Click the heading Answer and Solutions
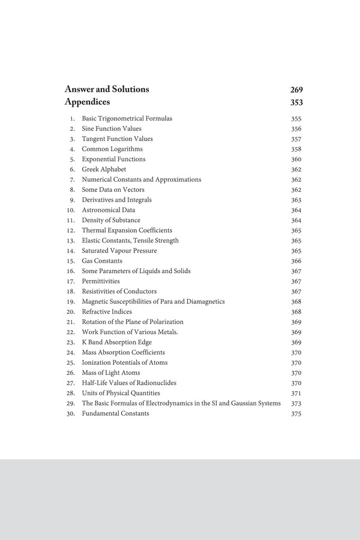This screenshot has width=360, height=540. point(107,89)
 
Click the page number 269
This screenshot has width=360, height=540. point(296,90)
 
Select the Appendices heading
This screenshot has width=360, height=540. point(87,102)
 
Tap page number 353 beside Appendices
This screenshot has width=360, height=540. point(296,103)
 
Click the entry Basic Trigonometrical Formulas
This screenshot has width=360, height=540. point(127,119)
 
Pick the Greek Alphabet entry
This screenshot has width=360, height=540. point(104,170)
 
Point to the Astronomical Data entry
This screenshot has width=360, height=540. point(109,210)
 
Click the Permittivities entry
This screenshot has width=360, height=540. point(101,281)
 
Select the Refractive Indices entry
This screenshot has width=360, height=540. point(107,312)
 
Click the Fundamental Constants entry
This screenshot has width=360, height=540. point(116,413)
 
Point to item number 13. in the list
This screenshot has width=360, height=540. point(70,241)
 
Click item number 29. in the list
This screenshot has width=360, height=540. point(70,403)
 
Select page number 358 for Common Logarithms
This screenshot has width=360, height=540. point(296,149)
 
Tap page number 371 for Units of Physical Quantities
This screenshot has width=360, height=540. point(296,393)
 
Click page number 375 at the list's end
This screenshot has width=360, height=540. point(296,414)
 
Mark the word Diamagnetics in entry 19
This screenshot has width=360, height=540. point(205,302)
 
